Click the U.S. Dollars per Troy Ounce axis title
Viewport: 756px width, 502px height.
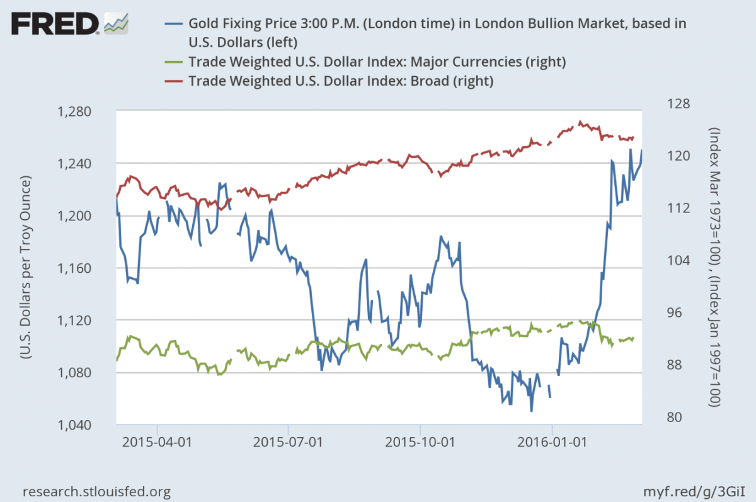tap(26, 268)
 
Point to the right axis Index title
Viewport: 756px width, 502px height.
tap(716, 267)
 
